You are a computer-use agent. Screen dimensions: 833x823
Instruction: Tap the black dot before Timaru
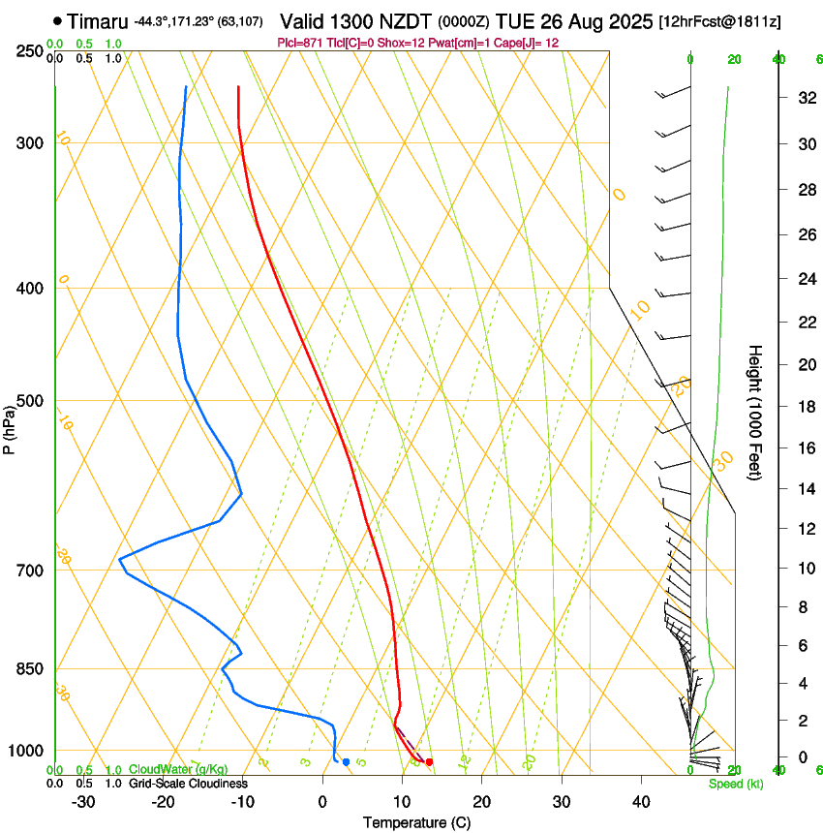58,20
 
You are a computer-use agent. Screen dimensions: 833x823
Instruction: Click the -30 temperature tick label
83,801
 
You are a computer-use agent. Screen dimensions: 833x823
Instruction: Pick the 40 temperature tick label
641,801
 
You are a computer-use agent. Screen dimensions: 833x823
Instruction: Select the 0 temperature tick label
322,801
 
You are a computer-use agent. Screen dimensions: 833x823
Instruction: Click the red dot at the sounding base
429,762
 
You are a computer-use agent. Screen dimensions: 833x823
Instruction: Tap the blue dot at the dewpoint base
346,762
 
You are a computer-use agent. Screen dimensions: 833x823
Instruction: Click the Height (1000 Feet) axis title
755,412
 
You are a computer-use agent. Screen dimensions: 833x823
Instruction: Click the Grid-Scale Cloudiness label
188,783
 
